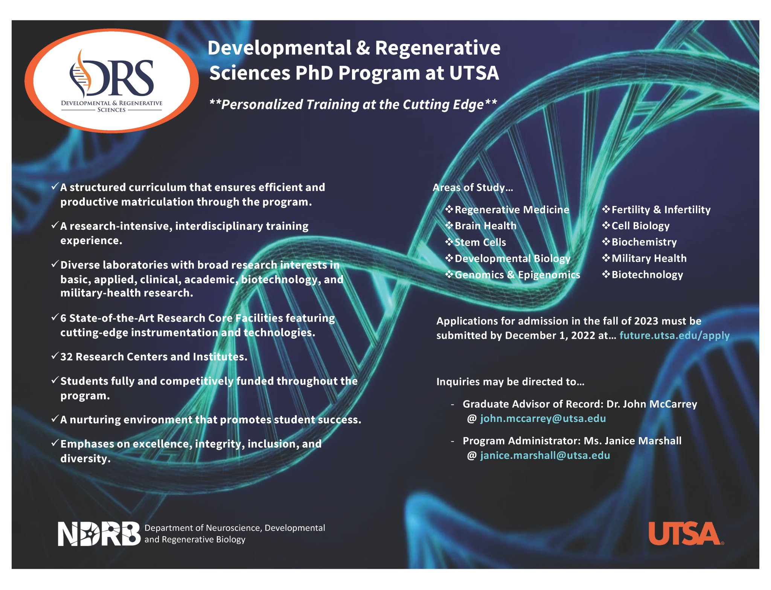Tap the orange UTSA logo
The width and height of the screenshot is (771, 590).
click(x=685, y=534)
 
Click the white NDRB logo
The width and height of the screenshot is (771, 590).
click(x=99, y=534)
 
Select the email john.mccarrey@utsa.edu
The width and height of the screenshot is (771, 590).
click(x=542, y=419)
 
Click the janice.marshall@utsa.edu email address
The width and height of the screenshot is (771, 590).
click(x=545, y=455)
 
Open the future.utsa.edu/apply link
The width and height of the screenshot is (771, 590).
click(x=674, y=335)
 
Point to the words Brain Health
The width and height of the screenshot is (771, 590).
click(x=485, y=226)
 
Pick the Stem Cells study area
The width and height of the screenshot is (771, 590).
click(x=480, y=242)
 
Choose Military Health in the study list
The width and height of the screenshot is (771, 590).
click(x=649, y=258)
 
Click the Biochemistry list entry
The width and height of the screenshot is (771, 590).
click(x=644, y=242)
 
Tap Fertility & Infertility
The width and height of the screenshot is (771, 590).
click(x=661, y=209)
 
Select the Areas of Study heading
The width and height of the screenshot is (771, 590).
click(x=472, y=188)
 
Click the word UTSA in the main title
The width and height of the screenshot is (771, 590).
click(x=474, y=73)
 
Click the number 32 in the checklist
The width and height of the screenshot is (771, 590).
click(x=66, y=357)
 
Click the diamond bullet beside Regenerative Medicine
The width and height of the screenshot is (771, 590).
click(x=449, y=209)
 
